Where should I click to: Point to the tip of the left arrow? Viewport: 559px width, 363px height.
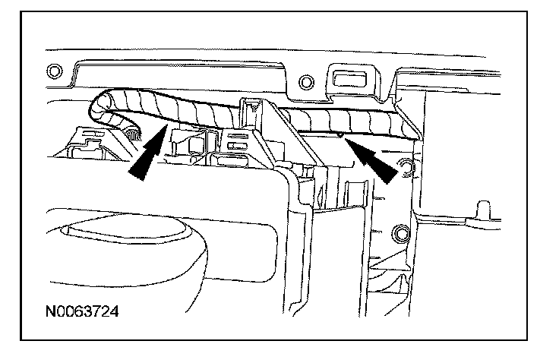coord(166,130)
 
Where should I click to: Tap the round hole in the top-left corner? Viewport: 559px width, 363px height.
coord(52,73)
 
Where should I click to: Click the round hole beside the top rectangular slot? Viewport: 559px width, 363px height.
coord(306,80)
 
